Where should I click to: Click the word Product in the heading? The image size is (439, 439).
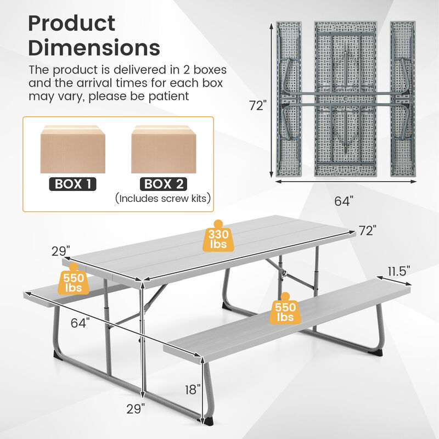click(x=72, y=24)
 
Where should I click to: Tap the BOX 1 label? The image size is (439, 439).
click(x=72, y=184)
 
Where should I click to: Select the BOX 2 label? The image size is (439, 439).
click(x=163, y=184)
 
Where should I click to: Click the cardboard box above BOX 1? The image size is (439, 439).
click(x=72, y=149)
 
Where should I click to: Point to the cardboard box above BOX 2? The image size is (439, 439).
click(x=163, y=149)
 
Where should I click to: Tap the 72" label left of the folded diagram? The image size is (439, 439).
click(x=257, y=106)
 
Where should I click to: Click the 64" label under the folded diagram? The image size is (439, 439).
click(x=342, y=201)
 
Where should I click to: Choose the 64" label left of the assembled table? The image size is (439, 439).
click(x=80, y=323)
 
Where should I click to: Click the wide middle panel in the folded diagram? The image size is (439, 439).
click(x=345, y=99)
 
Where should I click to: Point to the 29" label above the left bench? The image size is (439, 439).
click(x=60, y=251)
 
